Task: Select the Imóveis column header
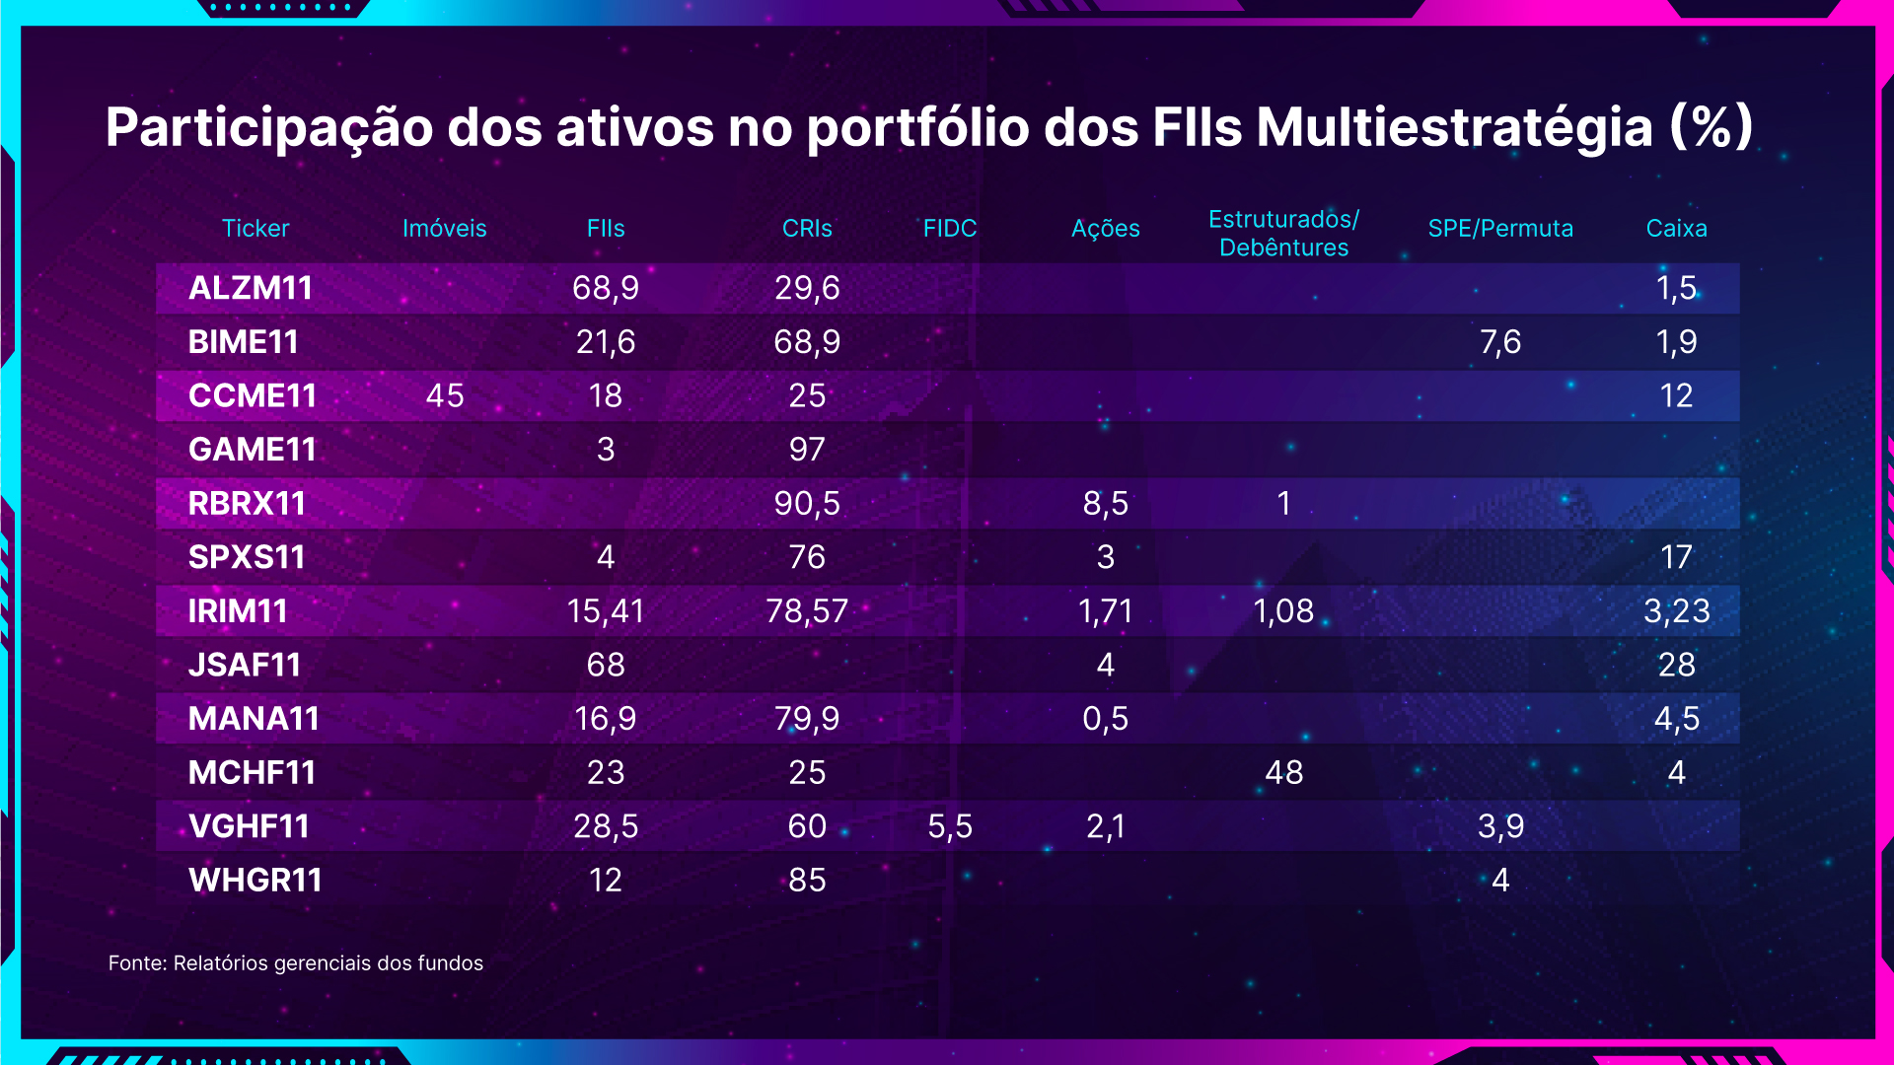tap(444, 228)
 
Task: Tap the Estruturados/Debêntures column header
tap(1283, 233)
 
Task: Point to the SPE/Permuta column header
tap(1499, 228)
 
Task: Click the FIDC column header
tap(949, 228)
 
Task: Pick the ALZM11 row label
tap(251, 288)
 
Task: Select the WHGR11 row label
tap(255, 880)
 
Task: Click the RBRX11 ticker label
tap(247, 503)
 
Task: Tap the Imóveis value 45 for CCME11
tap(445, 395)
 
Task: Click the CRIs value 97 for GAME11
tap(807, 450)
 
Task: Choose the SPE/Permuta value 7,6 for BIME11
tap(1500, 342)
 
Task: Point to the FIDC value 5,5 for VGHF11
tap(950, 826)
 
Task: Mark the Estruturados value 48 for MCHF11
tap(1283, 772)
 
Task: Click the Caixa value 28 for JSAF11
tap(1676, 665)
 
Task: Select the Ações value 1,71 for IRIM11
tap(1106, 611)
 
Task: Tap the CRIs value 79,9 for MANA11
tap(807, 719)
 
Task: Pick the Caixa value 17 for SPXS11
tap(1676, 557)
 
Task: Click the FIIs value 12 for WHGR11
tap(606, 880)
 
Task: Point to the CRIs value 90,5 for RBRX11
tap(807, 503)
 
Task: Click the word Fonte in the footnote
tap(137, 963)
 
